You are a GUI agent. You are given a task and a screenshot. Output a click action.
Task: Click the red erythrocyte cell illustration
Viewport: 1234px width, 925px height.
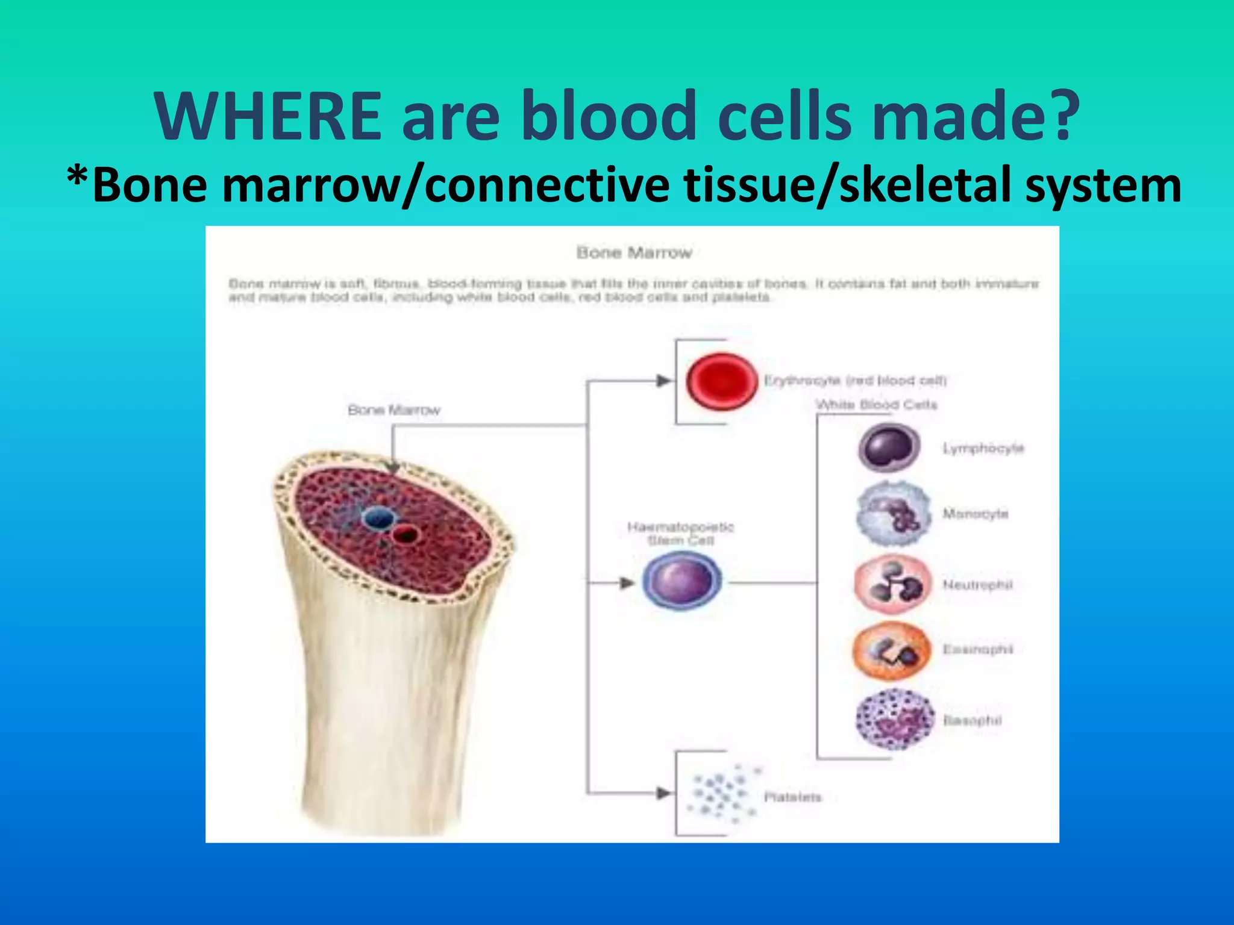tap(721, 382)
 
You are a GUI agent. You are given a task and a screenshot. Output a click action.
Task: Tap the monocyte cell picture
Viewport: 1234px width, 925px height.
tap(892, 514)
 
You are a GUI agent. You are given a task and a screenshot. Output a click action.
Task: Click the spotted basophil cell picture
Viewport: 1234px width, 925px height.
tap(894, 720)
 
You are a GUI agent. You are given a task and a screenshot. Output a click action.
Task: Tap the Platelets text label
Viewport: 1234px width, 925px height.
tap(792, 797)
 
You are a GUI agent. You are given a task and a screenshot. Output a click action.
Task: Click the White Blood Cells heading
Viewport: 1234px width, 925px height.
tap(877, 405)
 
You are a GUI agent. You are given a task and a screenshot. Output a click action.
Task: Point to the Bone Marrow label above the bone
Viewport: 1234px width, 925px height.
tap(394, 410)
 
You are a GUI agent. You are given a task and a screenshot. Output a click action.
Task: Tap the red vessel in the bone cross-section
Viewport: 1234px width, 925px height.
tap(406, 534)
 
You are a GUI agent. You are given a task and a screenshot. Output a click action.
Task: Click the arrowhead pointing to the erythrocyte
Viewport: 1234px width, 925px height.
tap(663, 381)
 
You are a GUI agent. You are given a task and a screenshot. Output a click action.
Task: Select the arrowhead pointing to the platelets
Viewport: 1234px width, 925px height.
tap(663, 793)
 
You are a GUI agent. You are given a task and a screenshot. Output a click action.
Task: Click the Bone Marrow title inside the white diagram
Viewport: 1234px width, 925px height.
tap(634, 253)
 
